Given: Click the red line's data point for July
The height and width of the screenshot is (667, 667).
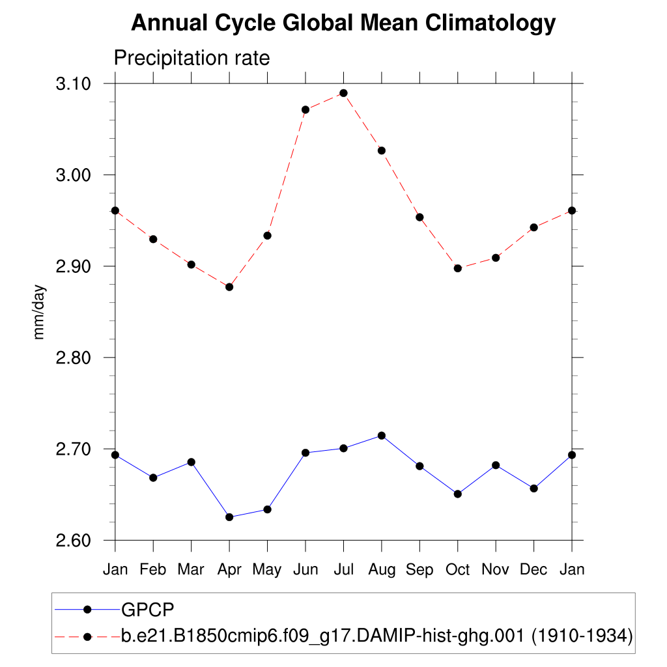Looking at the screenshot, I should point(343,93).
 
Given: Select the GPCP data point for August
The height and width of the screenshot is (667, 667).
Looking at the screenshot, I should point(382,435).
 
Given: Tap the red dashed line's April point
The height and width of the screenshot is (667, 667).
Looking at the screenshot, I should point(229,287).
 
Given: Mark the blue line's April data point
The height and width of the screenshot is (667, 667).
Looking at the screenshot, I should point(229,517).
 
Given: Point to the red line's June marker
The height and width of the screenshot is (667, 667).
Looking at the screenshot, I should point(305,109).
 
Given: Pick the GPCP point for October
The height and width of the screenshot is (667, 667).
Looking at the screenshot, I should point(458,494).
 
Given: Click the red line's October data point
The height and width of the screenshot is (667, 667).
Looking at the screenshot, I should point(458,268).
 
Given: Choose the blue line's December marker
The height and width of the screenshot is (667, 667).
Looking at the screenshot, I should point(534,489).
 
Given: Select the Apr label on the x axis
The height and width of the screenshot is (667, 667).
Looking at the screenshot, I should point(229,570).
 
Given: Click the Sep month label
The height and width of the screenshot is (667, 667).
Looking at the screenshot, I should point(419,570).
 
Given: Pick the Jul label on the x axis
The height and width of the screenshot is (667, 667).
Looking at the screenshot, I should point(343,570).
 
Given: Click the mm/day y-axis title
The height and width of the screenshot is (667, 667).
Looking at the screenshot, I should point(40,312).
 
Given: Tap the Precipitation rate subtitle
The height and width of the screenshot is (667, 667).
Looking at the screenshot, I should point(192,58).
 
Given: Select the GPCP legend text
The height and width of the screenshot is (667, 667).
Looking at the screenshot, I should point(149,610).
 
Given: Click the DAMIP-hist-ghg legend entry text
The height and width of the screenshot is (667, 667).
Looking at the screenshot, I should point(377,636).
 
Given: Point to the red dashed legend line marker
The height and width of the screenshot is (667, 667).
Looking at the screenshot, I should point(87,636).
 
